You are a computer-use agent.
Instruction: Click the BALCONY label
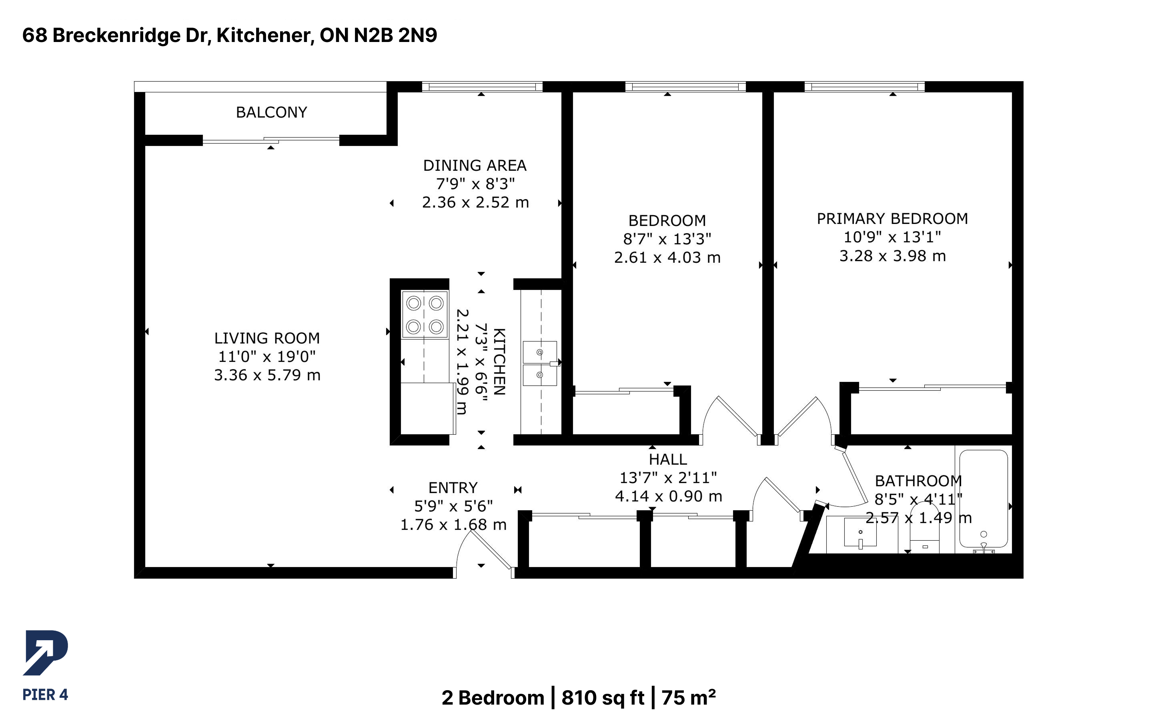pyautogui.click(x=271, y=112)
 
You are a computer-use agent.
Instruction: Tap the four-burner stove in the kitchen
pyautogui.click(x=425, y=315)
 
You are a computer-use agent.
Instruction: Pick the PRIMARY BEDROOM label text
pyautogui.click(x=892, y=218)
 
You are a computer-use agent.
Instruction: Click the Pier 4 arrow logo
pyautogui.click(x=46, y=653)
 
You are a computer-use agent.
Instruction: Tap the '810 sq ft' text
pyautogui.click(x=603, y=698)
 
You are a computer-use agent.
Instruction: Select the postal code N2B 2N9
pyautogui.click(x=395, y=35)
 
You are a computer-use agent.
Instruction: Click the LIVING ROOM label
pyautogui.click(x=267, y=338)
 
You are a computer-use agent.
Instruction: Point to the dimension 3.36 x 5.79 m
pyautogui.click(x=267, y=375)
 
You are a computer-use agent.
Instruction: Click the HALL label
pyautogui.click(x=668, y=459)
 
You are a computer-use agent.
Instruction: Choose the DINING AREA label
pyautogui.click(x=475, y=166)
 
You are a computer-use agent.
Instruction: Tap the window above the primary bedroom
pyautogui.click(x=864, y=86)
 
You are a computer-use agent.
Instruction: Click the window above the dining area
pyautogui.click(x=482, y=86)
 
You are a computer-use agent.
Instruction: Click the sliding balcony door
pyautogui.click(x=271, y=140)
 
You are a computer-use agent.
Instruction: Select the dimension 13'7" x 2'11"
pyautogui.click(x=668, y=478)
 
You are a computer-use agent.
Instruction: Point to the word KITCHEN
pyautogui.click(x=499, y=361)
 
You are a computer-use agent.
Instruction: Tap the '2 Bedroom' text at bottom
pyautogui.click(x=493, y=698)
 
